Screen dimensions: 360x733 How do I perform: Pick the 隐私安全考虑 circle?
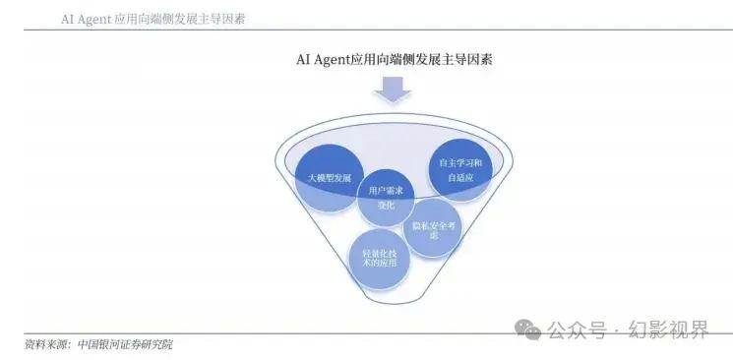coord(432,228)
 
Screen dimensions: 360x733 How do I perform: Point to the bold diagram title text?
coord(395,58)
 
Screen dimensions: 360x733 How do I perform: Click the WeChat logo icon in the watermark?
coord(529,328)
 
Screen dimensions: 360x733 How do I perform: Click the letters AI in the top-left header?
coord(68,19)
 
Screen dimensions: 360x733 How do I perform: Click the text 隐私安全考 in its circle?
coord(432,225)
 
